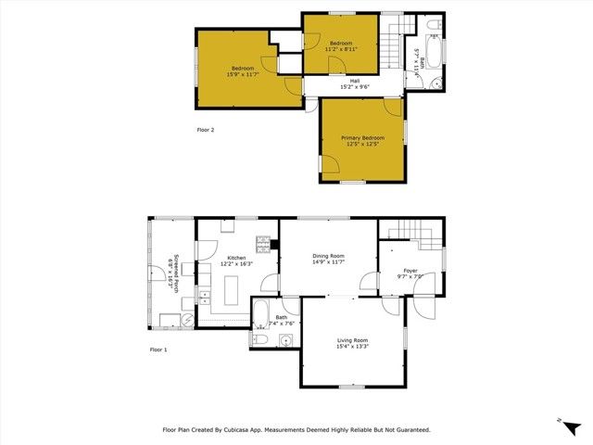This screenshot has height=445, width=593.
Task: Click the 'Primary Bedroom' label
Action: point(362,137)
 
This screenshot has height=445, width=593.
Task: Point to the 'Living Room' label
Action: point(352,340)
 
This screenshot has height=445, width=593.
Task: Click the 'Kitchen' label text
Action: point(236,257)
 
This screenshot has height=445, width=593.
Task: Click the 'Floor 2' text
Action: point(206,130)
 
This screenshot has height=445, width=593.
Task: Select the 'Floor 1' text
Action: point(158,350)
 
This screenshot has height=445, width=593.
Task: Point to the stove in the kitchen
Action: point(263,245)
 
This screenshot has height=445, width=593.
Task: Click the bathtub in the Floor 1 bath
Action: point(260,312)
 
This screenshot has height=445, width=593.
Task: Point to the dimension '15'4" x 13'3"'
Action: point(352,347)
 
